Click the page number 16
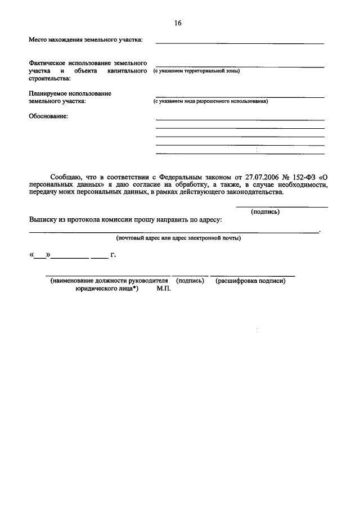point(178,24)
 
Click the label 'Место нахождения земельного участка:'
point(85,40)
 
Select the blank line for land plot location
point(240,43)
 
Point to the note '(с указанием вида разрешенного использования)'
point(210,102)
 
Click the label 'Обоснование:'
point(48,116)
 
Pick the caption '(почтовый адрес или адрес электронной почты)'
point(178,238)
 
